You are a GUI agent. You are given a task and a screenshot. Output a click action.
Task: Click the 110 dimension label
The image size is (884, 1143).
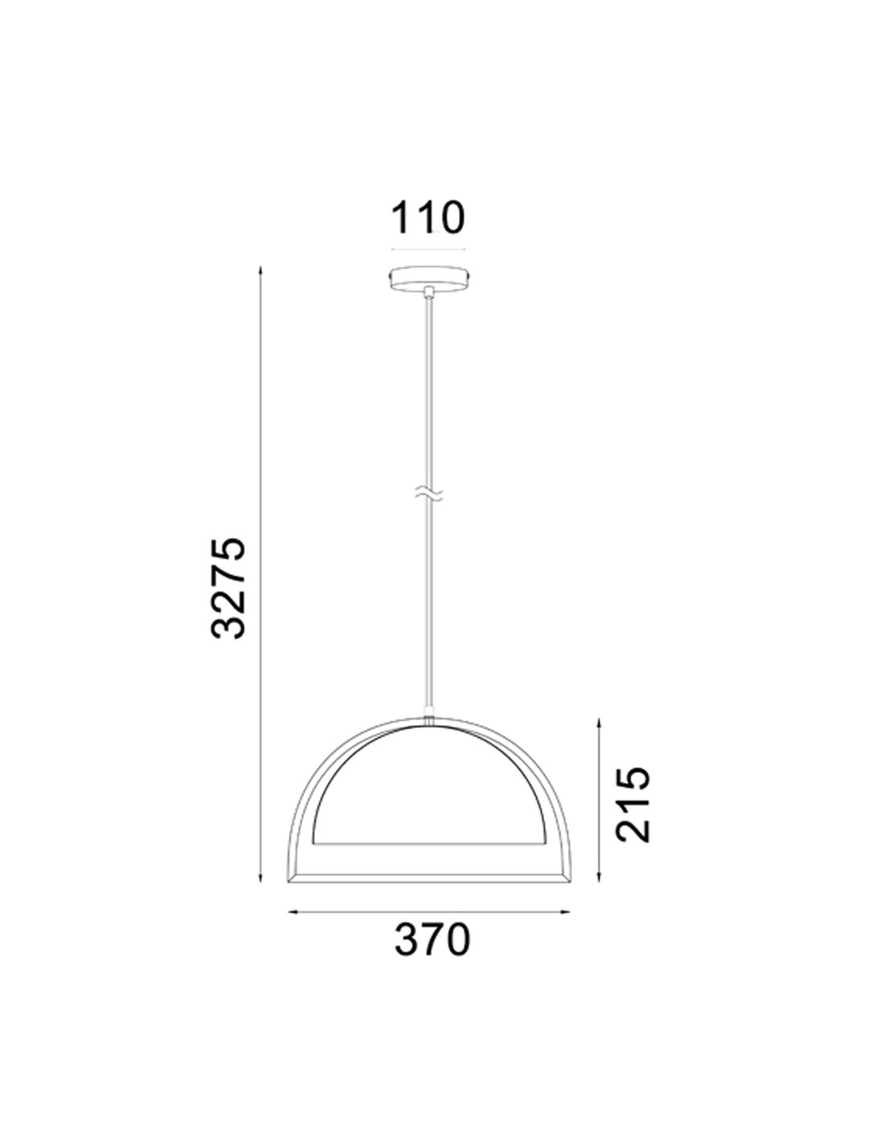[x=428, y=217]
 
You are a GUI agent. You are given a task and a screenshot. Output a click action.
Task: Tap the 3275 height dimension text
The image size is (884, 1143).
[x=228, y=588]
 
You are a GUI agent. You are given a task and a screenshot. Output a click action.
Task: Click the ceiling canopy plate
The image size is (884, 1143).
[x=429, y=278]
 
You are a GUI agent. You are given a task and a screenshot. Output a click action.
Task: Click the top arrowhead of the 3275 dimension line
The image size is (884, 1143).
[x=260, y=272]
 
